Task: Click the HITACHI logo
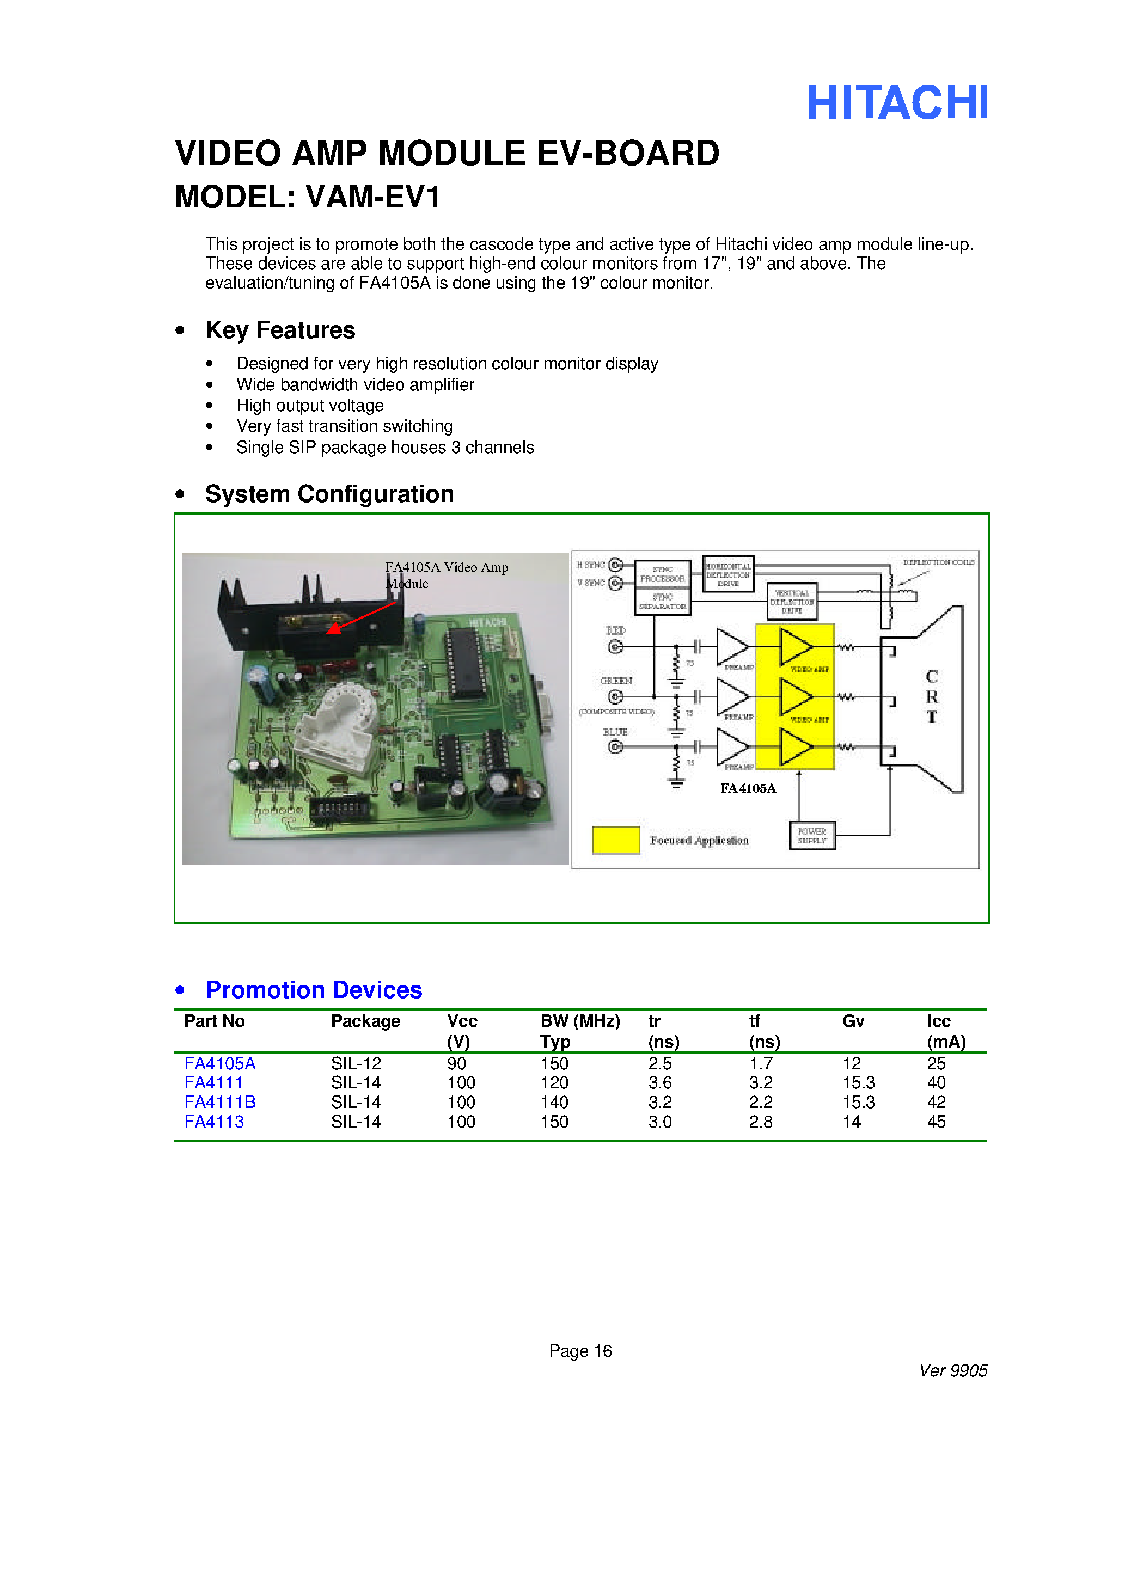coord(897,104)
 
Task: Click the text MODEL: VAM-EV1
coord(307,198)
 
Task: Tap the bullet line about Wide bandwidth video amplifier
coord(354,385)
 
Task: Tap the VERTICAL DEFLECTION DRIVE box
coord(791,601)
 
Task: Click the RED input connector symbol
coord(615,647)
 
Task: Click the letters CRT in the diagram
coord(932,696)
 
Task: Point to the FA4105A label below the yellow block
coord(748,788)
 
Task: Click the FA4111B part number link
coord(220,1103)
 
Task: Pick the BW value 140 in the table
coord(554,1103)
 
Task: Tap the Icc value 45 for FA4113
coord(937,1122)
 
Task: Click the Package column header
coord(365,1021)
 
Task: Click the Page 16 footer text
coord(580,1351)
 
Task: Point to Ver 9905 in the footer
coord(953,1371)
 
